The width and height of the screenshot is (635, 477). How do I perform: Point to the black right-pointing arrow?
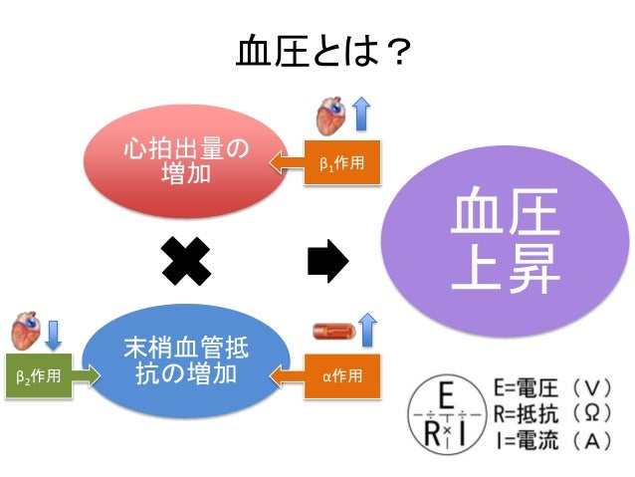coord(327,261)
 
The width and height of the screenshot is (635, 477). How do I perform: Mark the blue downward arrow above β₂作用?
coord(54,332)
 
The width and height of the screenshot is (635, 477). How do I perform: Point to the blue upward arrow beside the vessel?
coord(367,328)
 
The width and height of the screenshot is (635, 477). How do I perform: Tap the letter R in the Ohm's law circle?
coord(432,431)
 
